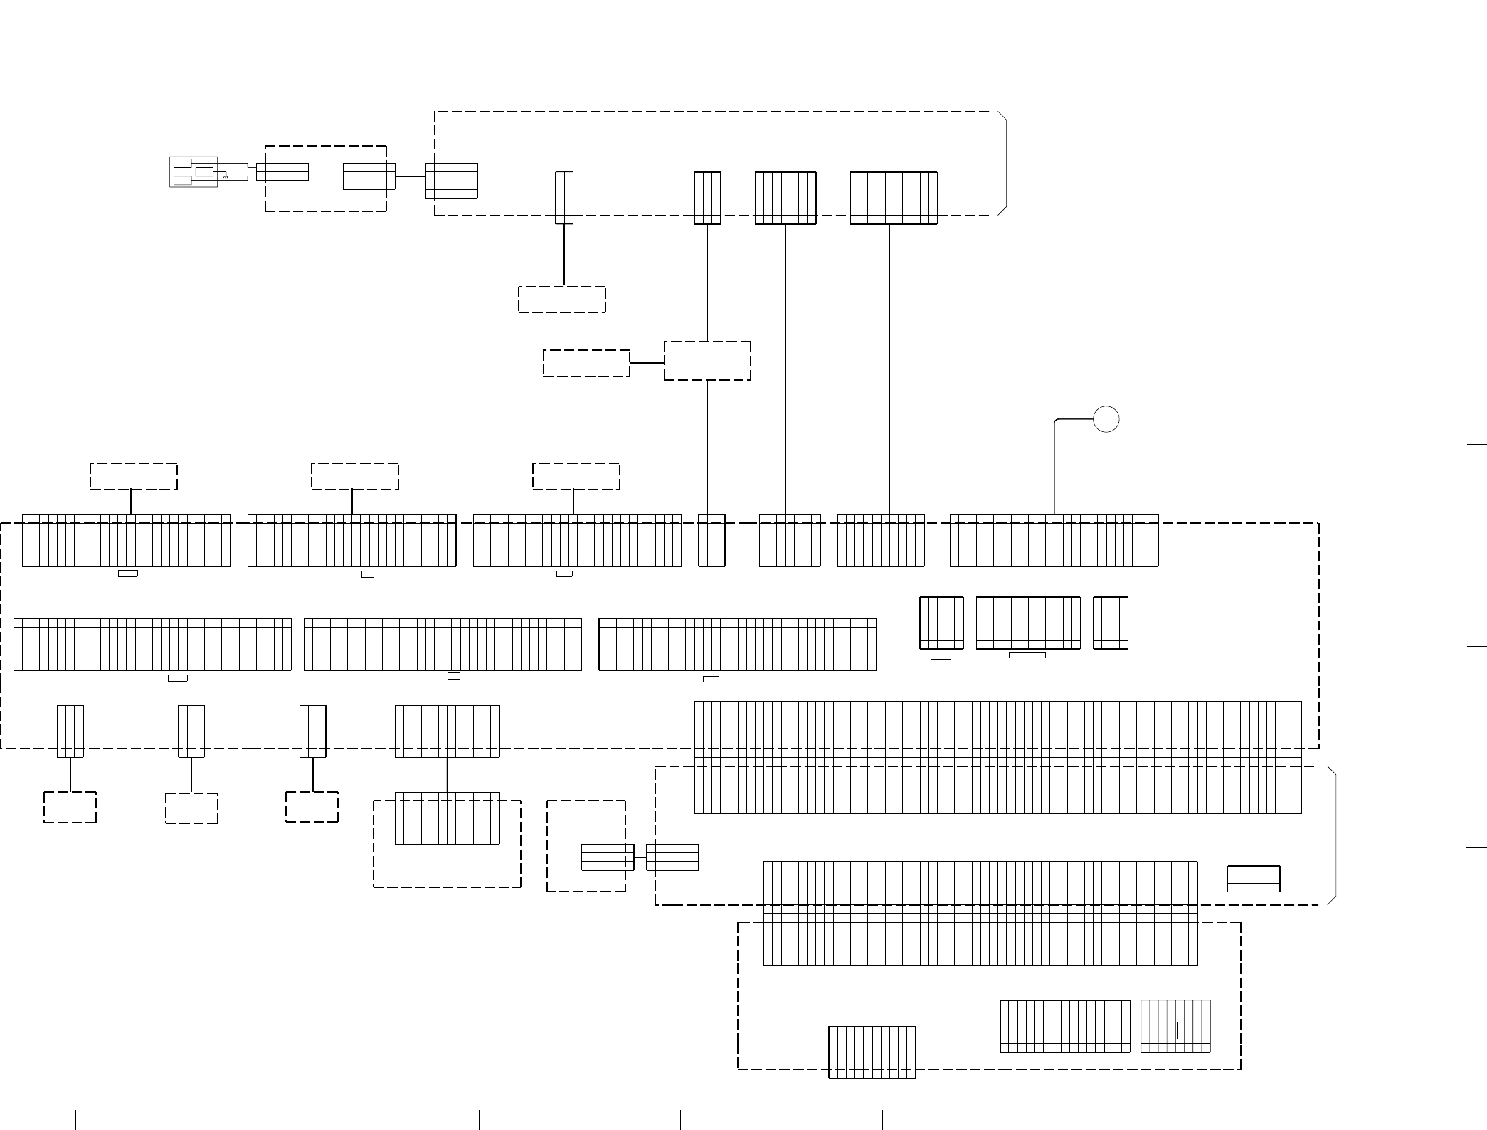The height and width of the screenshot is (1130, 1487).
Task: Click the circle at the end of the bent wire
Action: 1106,419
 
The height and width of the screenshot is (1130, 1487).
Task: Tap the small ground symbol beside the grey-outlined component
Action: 226,175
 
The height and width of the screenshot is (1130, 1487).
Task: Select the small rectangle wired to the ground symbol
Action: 204,171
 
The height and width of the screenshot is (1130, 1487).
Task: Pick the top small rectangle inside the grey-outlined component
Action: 183,163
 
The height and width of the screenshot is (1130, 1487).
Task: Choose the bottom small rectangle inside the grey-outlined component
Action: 183,181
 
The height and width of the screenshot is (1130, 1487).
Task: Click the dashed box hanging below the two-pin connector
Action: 562,300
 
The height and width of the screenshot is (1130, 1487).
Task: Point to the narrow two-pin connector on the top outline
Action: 564,198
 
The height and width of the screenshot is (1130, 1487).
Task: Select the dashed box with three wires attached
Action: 707,361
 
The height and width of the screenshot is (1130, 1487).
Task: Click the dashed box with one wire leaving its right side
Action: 586,363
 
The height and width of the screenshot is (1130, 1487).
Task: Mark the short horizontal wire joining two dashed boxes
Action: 647,363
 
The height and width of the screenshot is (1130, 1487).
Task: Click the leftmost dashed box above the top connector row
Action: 134,476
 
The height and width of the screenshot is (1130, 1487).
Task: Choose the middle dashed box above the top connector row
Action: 355,476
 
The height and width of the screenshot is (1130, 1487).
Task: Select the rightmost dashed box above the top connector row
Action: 576,476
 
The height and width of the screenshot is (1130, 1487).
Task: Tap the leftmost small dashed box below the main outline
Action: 70,807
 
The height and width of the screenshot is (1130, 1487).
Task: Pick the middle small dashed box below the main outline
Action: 191,808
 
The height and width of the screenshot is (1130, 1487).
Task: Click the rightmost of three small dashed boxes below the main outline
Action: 312,807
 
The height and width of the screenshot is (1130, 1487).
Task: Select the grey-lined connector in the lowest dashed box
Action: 1175,1026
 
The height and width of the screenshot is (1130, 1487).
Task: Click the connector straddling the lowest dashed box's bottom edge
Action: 872,1052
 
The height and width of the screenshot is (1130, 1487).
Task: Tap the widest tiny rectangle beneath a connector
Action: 1027,655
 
